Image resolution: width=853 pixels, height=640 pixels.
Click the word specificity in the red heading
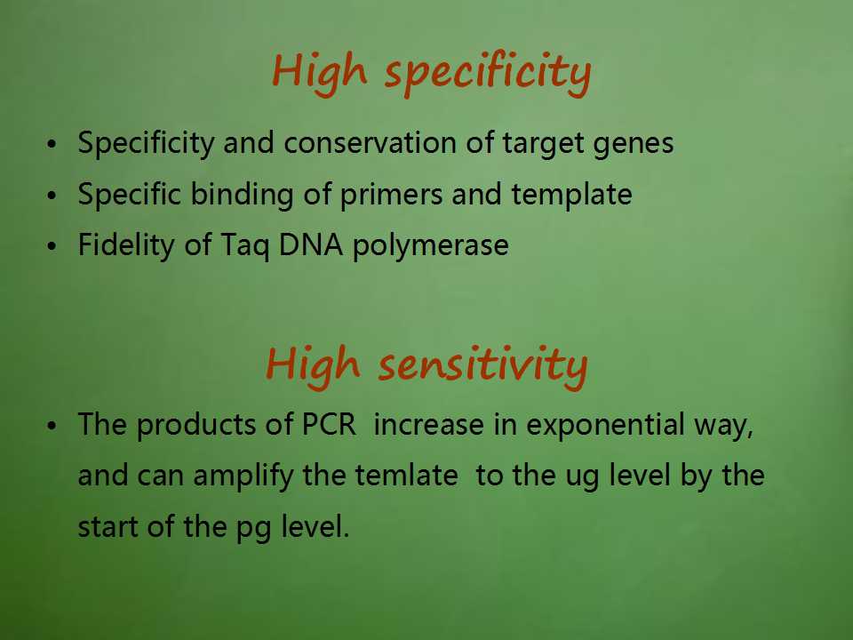pyautogui.click(x=488, y=74)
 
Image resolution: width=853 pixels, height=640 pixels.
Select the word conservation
pyautogui.click(x=370, y=142)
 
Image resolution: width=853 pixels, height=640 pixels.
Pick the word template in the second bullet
pyautogui.click(x=571, y=196)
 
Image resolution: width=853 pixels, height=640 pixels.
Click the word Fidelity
pyautogui.click(x=125, y=246)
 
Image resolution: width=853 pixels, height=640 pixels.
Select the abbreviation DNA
pyautogui.click(x=311, y=245)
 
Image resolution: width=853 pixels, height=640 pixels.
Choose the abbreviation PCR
pyautogui.click(x=329, y=425)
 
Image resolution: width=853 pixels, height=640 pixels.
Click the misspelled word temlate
pyautogui.click(x=406, y=475)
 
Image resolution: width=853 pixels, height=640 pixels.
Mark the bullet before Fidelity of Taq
pyautogui.click(x=52, y=246)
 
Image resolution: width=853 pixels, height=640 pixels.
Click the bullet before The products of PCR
pyautogui.click(x=52, y=426)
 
